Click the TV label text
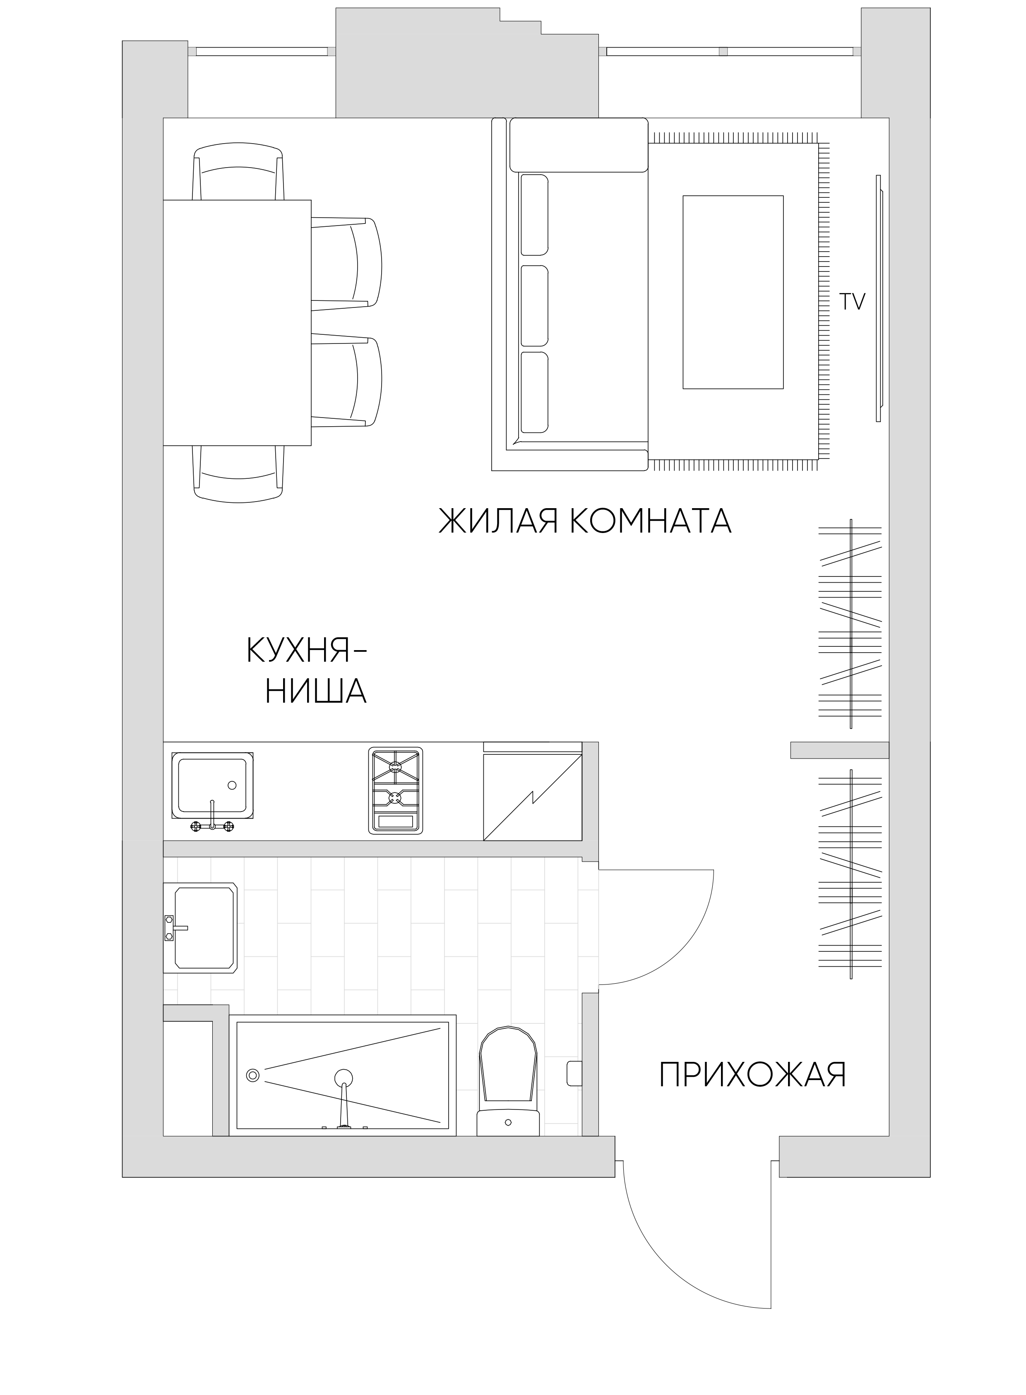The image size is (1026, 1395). coord(852,303)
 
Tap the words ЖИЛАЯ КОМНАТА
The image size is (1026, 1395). coord(585,521)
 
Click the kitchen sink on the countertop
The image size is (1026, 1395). coord(212,790)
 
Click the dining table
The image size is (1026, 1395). coord(237,323)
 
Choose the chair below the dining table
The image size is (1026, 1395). coord(238,473)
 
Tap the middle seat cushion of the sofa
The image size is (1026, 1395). coord(535,305)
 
